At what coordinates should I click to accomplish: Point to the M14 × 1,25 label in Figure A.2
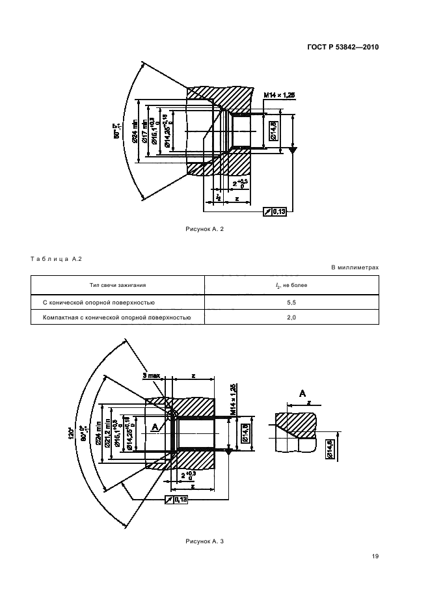click(279, 95)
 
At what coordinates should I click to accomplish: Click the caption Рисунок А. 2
click(205, 230)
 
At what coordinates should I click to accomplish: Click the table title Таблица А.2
click(56, 260)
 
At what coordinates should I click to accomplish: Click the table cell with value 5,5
click(291, 302)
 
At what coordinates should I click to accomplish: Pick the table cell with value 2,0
click(291, 318)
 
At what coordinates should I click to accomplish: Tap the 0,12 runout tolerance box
click(177, 499)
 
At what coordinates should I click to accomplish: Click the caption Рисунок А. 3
click(205, 541)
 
